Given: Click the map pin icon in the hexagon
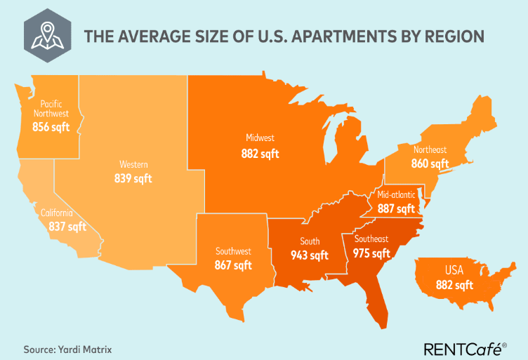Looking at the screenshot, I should coord(47,33).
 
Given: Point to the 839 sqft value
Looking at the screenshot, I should coord(133,178).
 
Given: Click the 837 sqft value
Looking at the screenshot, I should coord(67,227).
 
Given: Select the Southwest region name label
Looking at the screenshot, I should coord(233,251).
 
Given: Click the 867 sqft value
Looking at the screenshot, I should coord(233,265).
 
